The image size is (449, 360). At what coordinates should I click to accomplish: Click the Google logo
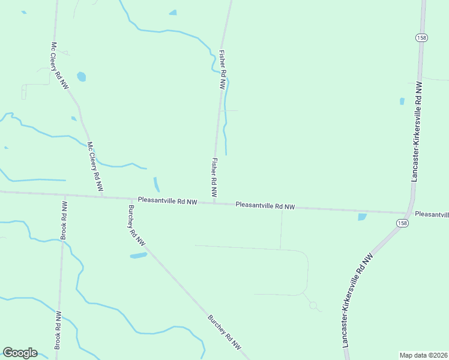click(x=20, y=353)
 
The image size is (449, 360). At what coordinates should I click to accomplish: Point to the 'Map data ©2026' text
click(x=423, y=355)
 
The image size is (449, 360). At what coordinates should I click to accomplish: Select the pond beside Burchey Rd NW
click(x=139, y=256)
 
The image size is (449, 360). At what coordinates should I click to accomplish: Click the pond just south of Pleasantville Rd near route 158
click(x=362, y=217)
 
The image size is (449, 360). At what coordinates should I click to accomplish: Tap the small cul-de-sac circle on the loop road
click(x=313, y=305)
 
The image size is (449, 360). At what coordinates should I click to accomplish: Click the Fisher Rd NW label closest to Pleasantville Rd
click(x=213, y=178)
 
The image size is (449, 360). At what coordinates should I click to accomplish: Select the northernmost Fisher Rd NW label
click(x=223, y=70)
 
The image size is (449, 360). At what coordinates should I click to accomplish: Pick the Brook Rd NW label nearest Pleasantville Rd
click(x=63, y=221)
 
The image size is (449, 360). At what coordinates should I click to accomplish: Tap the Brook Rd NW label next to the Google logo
click(x=58, y=330)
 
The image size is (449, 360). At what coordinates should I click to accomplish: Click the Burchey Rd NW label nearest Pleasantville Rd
click(x=136, y=226)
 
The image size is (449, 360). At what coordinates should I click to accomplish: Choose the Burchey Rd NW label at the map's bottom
click(x=224, y=333)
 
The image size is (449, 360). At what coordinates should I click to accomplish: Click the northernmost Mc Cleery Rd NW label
click(x=59, y=65)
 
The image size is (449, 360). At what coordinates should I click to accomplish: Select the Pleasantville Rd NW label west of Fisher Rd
click(x=167, y=201)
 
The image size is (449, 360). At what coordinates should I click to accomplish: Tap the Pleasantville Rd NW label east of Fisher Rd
click(x=265, y=205)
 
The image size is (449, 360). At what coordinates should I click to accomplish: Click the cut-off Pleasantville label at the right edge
click(x=432, y=214)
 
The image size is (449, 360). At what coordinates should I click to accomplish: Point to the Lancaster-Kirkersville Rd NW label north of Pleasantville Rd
click(x=416, y=132)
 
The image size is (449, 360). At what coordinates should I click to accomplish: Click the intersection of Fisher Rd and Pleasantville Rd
click(x=214, y=203)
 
